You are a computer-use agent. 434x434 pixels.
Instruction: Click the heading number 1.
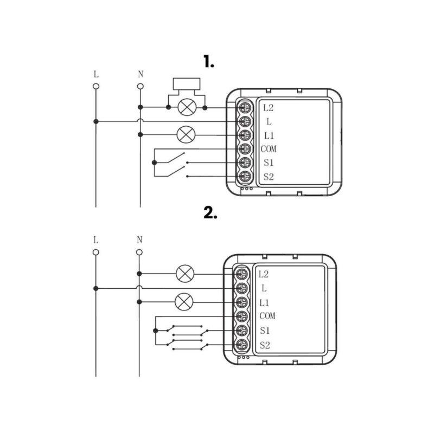[209, 62]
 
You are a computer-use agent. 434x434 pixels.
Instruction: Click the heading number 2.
[210, 213]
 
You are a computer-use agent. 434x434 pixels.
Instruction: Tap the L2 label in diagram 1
[268, 108]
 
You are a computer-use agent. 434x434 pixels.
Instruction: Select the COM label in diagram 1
[268, 149]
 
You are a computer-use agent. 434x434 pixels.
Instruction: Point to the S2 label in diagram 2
[265, 345]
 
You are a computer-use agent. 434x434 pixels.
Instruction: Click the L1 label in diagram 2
[264, 302]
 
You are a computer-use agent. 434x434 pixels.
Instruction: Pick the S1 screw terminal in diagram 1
[245, 163]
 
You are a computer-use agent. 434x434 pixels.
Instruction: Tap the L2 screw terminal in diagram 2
[241, 274]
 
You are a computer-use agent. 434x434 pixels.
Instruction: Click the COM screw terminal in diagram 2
[241, 316]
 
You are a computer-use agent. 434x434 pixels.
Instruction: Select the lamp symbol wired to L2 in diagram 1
[187, 107]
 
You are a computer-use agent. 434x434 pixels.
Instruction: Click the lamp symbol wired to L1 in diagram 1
[187, 134]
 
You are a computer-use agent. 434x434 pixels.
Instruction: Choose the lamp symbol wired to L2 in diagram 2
[184, 274]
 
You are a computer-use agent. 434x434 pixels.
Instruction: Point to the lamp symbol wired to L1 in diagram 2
[184, 302]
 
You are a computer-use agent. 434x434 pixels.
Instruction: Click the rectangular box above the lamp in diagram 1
[186, 85]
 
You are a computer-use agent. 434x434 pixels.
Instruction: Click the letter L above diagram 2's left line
[95, 239]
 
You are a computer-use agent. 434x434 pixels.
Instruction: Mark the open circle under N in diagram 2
[139, 252]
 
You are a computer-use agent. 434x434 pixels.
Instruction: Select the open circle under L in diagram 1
[96, 86]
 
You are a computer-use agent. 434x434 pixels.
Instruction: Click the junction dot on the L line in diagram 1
[96, 121]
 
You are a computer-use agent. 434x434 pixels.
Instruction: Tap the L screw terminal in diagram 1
[245, 121]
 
